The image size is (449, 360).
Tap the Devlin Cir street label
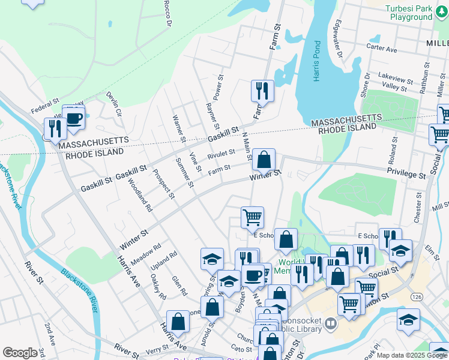pyautogui.click(x=114, y=103)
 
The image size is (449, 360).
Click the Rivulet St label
pyautogui.click(x=221, y=154)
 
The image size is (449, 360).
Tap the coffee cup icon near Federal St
pyautogui.click(x=74, y=118)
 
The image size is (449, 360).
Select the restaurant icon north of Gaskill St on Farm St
pyautogui.click(x=262, y=91)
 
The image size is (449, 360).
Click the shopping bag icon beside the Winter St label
pyautogui.click(x=264, y=160)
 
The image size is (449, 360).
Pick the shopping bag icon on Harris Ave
pyautogui.click(x=178, y=322)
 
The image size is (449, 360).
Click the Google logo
pyautogui.click(x=20, y=353)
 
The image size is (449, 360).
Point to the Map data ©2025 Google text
pyautogui.click(x=411, y=355)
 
